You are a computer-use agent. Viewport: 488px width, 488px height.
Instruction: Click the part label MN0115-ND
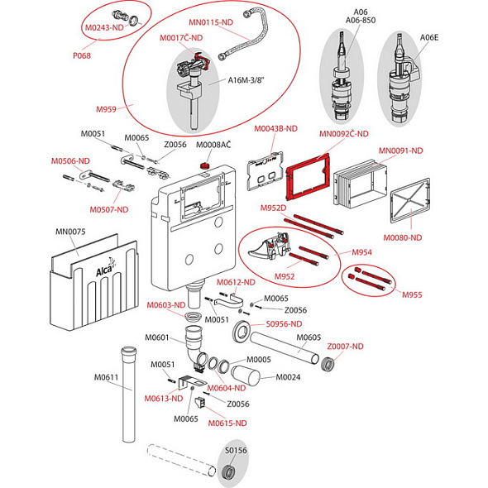[211, 22]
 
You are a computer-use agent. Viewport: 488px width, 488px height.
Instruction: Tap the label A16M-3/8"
[246, 80]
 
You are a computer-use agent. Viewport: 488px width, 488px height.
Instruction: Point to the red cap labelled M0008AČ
[204, 165]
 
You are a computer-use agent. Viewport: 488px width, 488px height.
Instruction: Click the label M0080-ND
[402, 237]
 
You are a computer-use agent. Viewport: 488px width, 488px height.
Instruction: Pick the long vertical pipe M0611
[129, 394]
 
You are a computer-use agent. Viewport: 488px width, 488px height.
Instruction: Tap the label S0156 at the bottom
[236, 450]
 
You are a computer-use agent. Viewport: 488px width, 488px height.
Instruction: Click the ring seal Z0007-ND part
[328, 365]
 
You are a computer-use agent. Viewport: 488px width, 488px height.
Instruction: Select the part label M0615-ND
[227, 423]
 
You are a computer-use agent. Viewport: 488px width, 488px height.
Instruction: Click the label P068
[82, 55]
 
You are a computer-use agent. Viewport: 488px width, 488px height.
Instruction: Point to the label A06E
[429, 38]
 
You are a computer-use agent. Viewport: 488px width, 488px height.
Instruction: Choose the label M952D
[273, 208]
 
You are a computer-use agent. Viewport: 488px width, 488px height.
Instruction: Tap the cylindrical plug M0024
[246, 376]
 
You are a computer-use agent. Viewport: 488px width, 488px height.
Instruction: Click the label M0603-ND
[166, 305]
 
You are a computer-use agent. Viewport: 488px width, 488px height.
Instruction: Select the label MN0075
[70, 232]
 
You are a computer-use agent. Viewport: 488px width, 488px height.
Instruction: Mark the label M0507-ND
[109, 210]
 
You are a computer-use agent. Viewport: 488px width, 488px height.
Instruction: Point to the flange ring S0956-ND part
[242, 332]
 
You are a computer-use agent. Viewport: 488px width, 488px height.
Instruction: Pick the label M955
[412, 294]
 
